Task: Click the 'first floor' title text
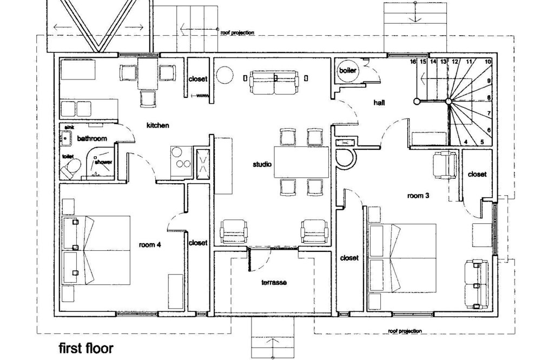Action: click(x=86, y=348)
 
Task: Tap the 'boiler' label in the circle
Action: click(x=347, y=71)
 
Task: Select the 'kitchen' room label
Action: click(x=157, y=125)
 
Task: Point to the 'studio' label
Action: click(x=262, y=164)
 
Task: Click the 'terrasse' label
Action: click(x=274, y=282)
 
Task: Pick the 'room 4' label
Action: click(x=150, y=245)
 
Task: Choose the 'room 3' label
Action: click(x=418, y=196)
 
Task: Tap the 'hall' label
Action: click(x=379, y=102)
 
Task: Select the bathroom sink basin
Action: click(x=66, y=138)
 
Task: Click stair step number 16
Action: click(x=413, y=62)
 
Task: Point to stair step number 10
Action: click(x=487, y=62)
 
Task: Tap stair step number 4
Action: click(x=466, y=142)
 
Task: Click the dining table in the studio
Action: click(x=301, y=162)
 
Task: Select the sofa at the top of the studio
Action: click(x=275, y=82)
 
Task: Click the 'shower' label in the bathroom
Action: click(x=103, y=162)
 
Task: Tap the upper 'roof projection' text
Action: click(x=237, y=33)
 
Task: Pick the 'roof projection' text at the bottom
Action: click(x=405, y=331)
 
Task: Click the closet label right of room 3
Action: click(x=477, y=175)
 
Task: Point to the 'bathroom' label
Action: click(x=92, y=138)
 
